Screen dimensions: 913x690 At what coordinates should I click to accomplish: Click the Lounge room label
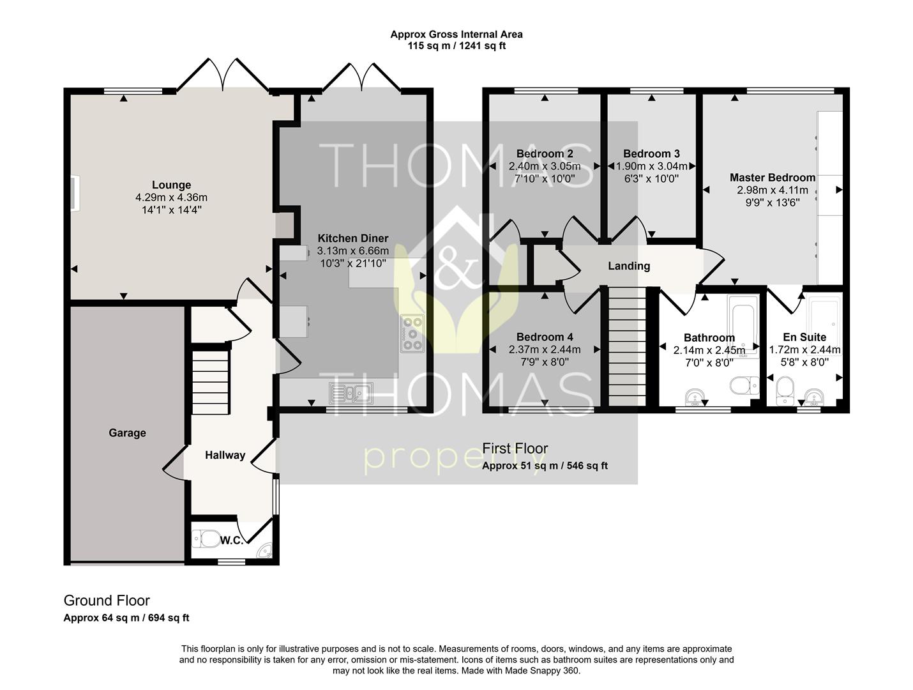pos(171,185)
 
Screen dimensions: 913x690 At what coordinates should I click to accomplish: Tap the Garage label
pos(127,433)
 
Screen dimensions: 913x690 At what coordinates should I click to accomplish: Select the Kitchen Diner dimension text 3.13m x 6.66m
pos(352,251)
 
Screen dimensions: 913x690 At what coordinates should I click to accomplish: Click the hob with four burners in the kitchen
pos(412,333)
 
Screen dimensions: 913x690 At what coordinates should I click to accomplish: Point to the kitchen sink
pos(351,394)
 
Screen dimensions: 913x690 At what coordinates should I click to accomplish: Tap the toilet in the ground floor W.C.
pos(207,539)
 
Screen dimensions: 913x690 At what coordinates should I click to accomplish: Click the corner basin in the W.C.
pos(265,551)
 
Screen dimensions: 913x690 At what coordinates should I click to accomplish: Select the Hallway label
pos(225,455)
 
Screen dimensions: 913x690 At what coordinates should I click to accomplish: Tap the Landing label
pos(629,266)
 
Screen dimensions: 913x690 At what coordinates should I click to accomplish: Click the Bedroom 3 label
pos(651,153)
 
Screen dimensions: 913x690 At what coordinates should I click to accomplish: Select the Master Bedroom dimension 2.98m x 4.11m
pos(773,190)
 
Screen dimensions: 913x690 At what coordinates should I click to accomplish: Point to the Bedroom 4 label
pos(545,337)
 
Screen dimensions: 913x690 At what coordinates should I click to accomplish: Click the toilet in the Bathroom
pos(744,385)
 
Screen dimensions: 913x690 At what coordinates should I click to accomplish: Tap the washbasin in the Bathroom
pos(695,397)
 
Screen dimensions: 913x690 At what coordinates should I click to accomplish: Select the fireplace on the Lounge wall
pos(75,194)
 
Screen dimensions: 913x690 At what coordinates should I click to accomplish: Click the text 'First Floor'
pos(515,448)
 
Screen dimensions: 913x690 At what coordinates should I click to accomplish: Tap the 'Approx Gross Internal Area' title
pos(456,34)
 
